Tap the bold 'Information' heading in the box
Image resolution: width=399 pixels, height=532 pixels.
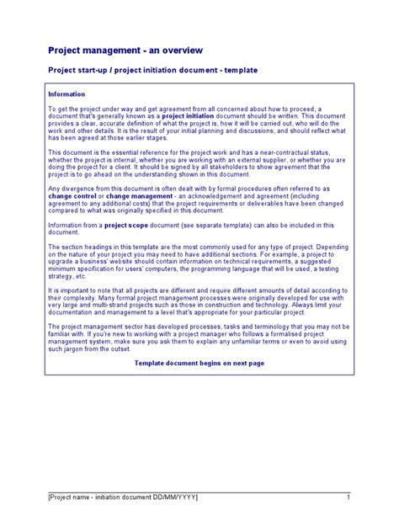coord(66,94)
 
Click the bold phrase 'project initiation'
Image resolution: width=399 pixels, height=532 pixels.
coord(189,115)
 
